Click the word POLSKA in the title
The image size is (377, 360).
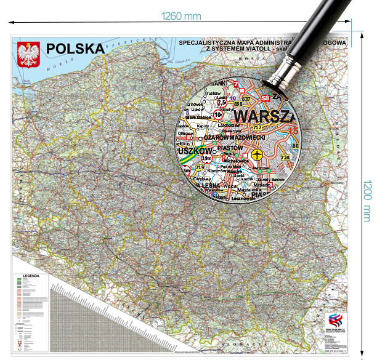click(75, 49)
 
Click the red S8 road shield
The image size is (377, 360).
click(266, 98)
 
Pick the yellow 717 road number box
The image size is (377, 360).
click(257, 127)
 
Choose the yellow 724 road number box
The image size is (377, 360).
click(285, 158)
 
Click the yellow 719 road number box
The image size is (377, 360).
click(199, 167)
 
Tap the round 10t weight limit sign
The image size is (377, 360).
click(218, 114)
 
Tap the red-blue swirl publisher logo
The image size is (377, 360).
click(336, 319)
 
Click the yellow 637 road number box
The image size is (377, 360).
click(246, 98)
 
